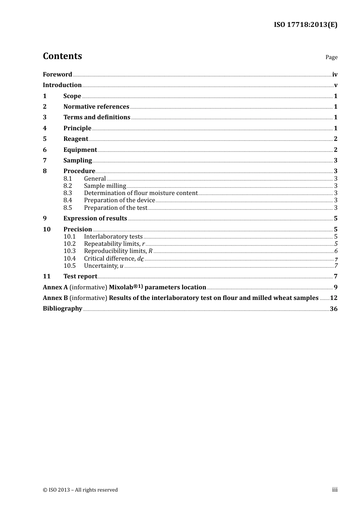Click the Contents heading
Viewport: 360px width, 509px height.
click(62, 56)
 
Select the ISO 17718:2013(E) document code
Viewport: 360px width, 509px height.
click(305, 25)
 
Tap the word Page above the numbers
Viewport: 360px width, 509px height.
click(331, 57)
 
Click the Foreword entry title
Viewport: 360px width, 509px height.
click(57, 75)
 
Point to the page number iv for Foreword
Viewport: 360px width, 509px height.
click(335, 75)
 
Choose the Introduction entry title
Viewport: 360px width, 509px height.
click(62, 85)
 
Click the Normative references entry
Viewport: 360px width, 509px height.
click(96, 107)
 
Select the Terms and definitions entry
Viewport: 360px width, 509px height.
click(97, 117)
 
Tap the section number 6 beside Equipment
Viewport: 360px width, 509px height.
click(45, 150)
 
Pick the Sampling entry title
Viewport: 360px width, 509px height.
click(77, 161)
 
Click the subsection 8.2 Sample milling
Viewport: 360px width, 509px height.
click(105, 186)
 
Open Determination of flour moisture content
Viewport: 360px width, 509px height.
click(141, 193)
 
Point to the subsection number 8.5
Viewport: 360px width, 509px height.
click(67, 208)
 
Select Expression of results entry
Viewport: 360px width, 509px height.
click(95, 219)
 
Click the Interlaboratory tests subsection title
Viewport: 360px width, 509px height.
click(113, 237)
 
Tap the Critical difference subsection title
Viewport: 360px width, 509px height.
click(114, 259)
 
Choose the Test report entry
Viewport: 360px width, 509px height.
click(80, 276)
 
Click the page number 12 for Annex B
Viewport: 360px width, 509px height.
click(333, 298)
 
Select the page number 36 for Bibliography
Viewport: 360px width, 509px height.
click(333, 309)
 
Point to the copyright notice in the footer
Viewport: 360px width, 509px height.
click(80, 490)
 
